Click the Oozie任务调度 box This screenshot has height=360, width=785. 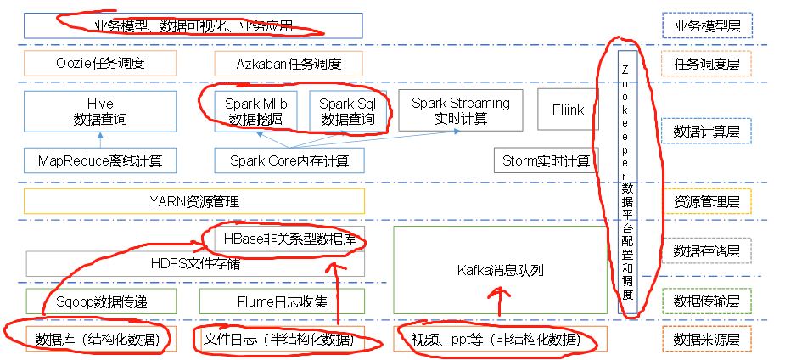[x=100, y=64]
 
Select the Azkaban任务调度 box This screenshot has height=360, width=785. [x=288, y=64]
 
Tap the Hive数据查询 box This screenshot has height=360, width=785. [x=100, y=111]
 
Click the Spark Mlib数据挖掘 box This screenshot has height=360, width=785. [x=255, y=111]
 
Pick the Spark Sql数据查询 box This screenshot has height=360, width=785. [x=347, y=111]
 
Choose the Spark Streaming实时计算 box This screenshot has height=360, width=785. [x=461, y=110]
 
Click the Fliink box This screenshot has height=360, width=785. [x=567, y=110]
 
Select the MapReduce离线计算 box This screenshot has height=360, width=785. [x=100, y=160]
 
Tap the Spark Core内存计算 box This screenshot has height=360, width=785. [x=289, y=160]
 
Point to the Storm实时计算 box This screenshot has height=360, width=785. [x=546, y=160]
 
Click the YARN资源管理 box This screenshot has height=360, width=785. [x=193, y=201]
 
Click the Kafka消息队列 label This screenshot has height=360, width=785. [x=500, y=270]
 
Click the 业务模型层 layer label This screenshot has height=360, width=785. [x=706, y=26]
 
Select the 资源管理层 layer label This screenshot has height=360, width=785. [x=706, y=202]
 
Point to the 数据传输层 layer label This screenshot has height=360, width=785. [x=706, y=301]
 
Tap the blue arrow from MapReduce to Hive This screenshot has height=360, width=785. [x=100, y=139]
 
